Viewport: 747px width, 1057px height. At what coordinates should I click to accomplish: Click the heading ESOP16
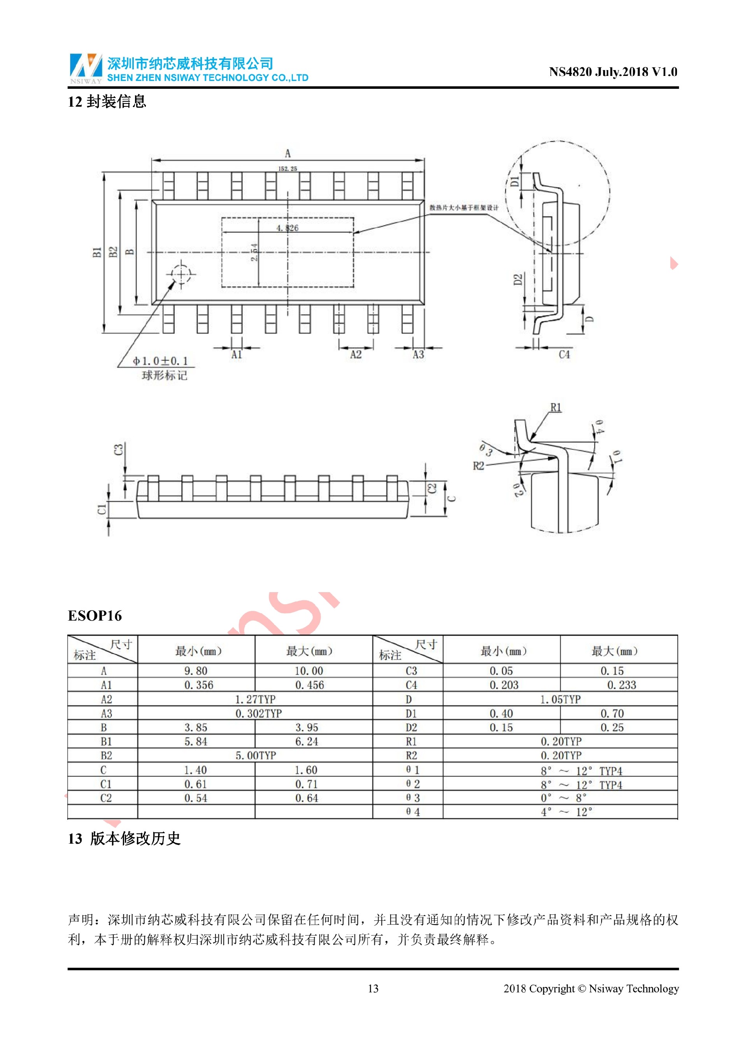click(x=95, y=616)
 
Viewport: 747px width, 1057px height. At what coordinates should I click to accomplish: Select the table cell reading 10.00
click(x=309, y=671)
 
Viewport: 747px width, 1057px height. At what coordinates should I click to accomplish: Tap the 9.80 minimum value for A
click(x=196, y=671)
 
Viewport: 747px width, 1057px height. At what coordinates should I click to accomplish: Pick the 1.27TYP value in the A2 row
click(x=255, y=699)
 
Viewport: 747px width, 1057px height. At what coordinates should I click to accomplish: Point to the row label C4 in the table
click(x=411, y=685)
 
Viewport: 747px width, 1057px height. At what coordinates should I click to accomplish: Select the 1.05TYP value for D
click(x=560, y=699)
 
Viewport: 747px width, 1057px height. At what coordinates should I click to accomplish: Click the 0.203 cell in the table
click(x=504, y=685)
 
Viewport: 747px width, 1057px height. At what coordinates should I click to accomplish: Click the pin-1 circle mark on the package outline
click(x=181, y=275)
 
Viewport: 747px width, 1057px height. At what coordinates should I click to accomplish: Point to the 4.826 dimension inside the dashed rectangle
click(x=287, y=228)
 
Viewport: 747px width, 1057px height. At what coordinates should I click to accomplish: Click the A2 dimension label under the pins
click(x=356, y=355)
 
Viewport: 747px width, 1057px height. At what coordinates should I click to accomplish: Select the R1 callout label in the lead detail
click(x=556, y=408)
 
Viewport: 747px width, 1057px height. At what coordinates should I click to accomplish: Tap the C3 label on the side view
click(x=119, y=449)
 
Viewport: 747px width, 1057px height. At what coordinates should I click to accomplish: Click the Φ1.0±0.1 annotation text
click(x=160, y=361)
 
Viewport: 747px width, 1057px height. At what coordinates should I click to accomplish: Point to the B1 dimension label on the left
click(x=96, y=252)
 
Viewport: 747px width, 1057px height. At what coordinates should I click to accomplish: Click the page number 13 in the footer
click(x=373, y=988)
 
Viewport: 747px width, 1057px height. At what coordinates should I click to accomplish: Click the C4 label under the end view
click(x=564, y=355)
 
